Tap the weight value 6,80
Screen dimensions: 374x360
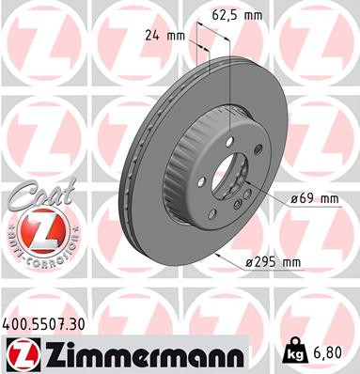coord(327,352)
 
